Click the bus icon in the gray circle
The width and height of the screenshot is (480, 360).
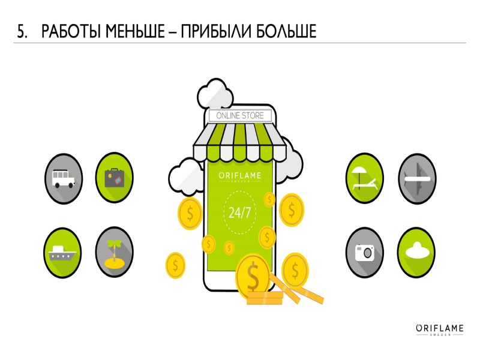tap(62, 178)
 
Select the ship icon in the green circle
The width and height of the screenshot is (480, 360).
tap(62, 250)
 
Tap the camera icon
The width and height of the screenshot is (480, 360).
tap(365, 251)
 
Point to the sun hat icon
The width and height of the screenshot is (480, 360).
tap(417, 251)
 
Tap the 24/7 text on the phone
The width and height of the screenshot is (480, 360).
tap(239, 212)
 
